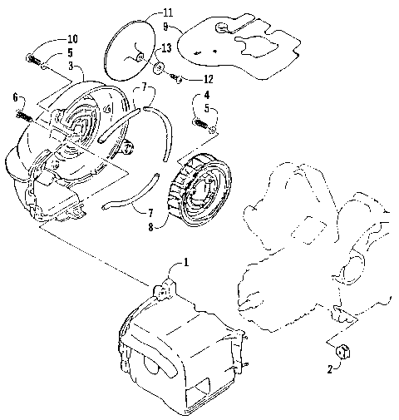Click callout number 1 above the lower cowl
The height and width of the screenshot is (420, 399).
click(x=186, y=262)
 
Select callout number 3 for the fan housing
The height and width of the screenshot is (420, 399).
click(x=71, y=66)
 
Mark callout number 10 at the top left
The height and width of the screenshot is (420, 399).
click(x=72, y=39)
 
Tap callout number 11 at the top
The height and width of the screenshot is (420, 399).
click(x=168, y=13)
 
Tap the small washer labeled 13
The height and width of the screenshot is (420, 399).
click(x=157, y=67)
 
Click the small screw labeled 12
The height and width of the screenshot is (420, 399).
click(x=177, y=80)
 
